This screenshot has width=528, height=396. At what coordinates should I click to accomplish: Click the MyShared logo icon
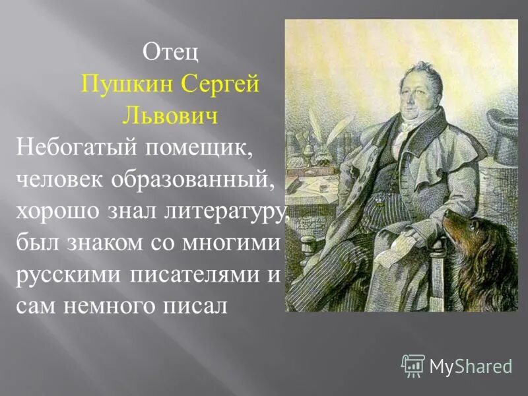click(413, 365)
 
